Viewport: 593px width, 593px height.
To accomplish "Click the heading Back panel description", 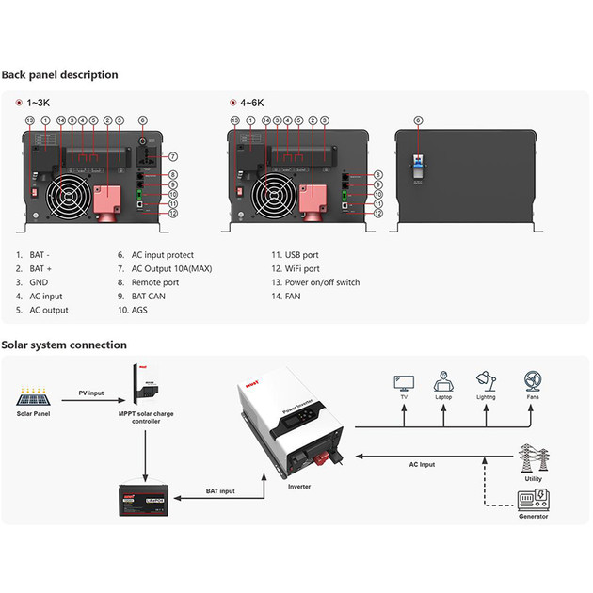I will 59,74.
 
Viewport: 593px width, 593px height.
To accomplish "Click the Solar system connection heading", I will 64,345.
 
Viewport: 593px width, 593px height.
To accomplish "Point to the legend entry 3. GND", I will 32,281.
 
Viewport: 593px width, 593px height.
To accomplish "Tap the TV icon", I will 404,381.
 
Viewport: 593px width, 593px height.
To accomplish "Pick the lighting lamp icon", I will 486,380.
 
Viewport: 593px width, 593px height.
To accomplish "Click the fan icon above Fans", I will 532,380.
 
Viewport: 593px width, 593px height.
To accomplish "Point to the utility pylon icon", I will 532,460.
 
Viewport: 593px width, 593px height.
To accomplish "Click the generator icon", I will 532,500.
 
